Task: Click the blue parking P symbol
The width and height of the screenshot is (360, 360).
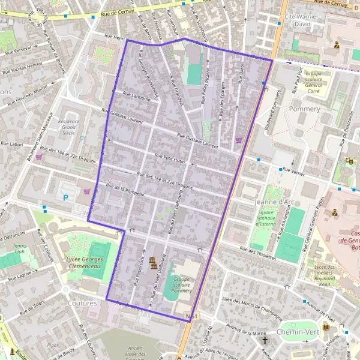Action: [x=65, y=197]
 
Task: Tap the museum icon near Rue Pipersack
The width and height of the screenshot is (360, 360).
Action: [x=153, y=262]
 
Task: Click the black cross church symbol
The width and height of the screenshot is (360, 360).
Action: [x=265, y=340]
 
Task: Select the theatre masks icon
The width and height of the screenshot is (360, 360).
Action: [x=350, y=161]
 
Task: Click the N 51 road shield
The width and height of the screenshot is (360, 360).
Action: [x=192, y=316]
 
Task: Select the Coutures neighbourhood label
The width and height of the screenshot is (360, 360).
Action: [x=83, y=303]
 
